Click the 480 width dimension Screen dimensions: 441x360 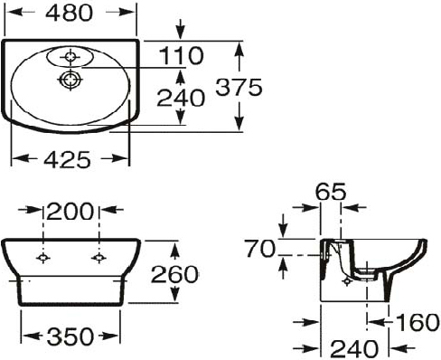[x=69, y=13]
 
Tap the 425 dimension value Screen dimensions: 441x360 [x=67, y=159]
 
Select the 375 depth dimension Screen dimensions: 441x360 [x=239, y=88]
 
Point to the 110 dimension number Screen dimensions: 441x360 [x=181, y=55]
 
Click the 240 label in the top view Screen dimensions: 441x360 [x=181, y=98]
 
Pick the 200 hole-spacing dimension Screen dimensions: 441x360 [x=70, y=212]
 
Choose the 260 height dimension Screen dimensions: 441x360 [x=174, y=274]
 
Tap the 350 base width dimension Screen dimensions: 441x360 [x=70, y=336]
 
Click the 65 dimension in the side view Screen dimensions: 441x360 [x=331, y=192]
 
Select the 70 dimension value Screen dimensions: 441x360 [x=260, y=249]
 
